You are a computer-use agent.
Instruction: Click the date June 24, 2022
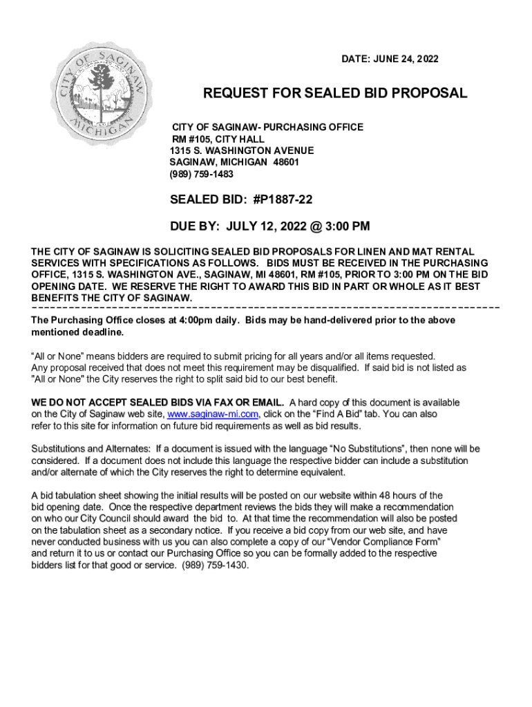pos(409,60)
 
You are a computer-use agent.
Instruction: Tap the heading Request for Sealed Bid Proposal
pos(335,93)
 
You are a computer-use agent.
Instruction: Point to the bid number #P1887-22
pos(278,200)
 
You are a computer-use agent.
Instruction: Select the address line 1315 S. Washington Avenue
pos(242,151)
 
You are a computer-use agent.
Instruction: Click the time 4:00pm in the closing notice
pos(196,320)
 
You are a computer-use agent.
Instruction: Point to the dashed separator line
pos(265,306)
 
